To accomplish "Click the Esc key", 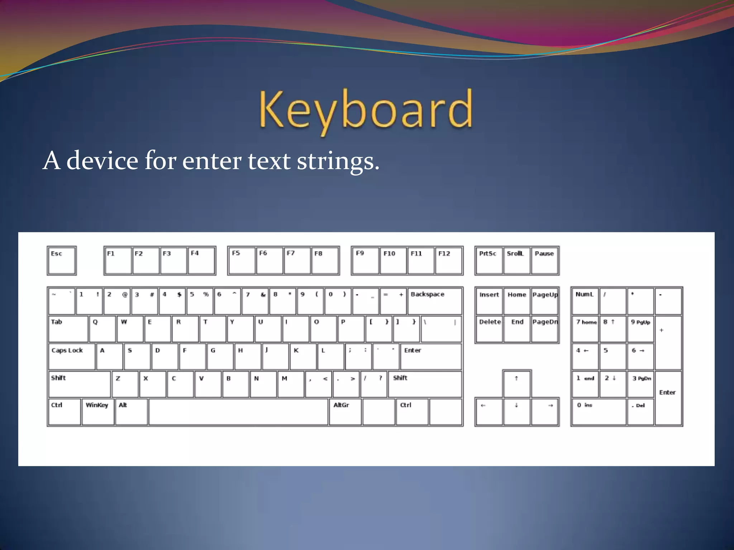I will click(x=62, y=261).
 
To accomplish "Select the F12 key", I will click(x=449, y=261).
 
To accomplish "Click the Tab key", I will click(x=68, y=329).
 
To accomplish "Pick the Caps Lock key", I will click(x=72, y=357).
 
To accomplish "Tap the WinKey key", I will click(x=98, y=412).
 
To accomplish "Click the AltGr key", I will click(x=345, y=412).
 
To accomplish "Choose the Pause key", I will click(x=544, y=261).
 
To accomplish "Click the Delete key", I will click(x=489, y=329).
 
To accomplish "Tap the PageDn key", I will click(x=545, y=329).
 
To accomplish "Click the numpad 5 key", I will click(x=613, y=357).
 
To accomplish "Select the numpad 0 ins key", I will click(x=599, y=412).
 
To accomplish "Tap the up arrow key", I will click(x=516, y=384).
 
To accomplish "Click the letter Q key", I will click(x=103, y=329).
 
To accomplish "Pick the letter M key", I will click(x=291, y=384).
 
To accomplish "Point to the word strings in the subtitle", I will click(x=338, y=161).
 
